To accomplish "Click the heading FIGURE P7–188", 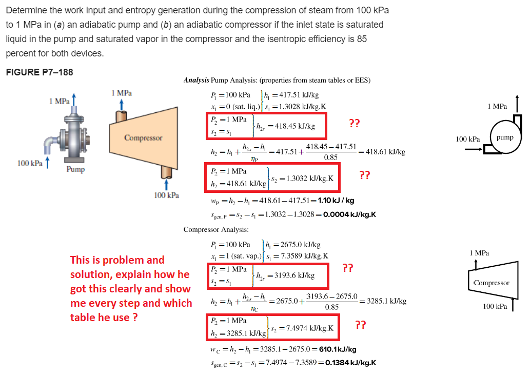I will point(40,72).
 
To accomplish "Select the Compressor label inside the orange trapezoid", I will point(143,138).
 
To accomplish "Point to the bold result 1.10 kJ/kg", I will point(336,201).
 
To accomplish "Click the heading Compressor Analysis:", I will point(216,229).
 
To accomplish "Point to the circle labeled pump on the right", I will point(504,137).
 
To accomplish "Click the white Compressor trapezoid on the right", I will point(491,283).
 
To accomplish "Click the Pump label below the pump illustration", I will point(75,169).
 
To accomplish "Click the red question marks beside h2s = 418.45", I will point(354,123).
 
